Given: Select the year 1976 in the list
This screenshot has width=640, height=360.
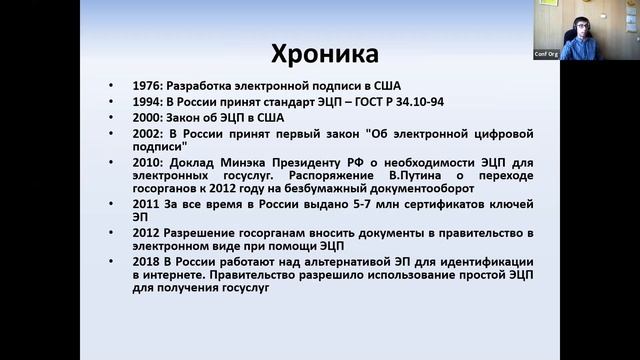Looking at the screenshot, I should [x=147, y=85].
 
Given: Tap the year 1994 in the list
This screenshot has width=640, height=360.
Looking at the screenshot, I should [x=147, y=101].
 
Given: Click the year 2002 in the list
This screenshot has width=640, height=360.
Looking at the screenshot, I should [x=147, y=133].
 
